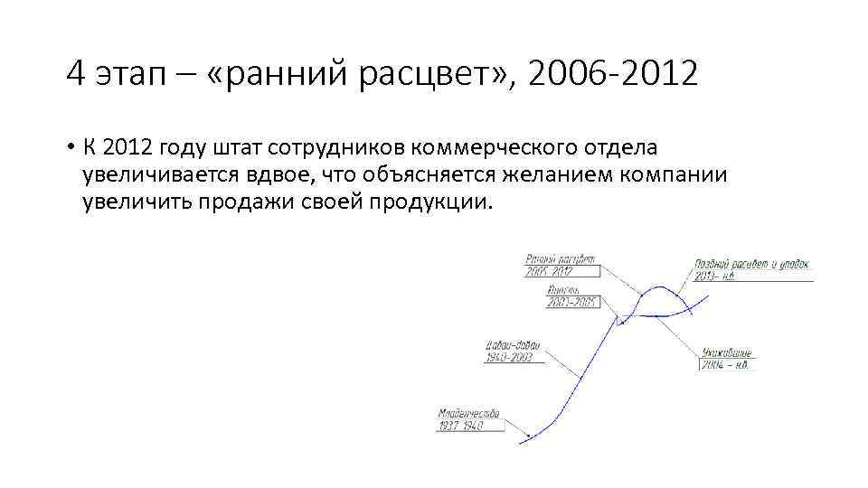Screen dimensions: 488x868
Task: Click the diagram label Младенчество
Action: (x=467, y=414)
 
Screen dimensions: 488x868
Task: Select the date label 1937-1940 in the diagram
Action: (x=461, y=426)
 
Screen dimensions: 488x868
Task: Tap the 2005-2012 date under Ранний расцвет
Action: (x=551, y=270)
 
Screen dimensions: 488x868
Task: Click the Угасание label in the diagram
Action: (x=726, y=352)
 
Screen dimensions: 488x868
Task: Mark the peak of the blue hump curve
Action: (x=663, y=287)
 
